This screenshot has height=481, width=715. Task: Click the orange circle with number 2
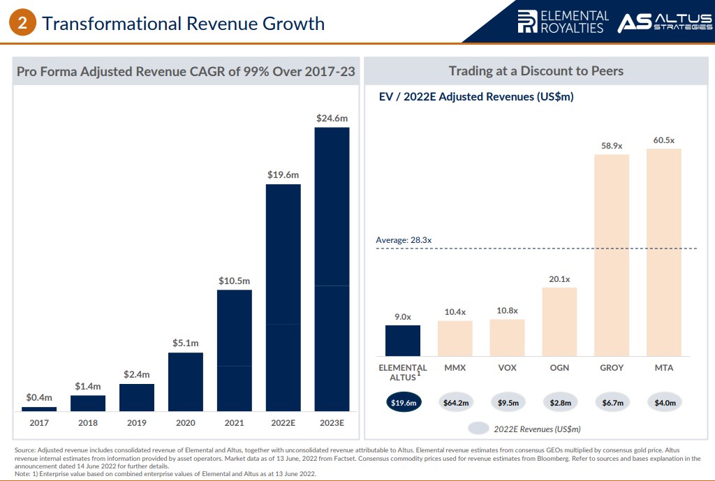point(22,23)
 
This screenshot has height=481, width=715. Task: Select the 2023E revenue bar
point(332,269)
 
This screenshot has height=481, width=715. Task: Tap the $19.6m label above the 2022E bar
point(283,175)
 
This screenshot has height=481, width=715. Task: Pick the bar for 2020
point(185,382)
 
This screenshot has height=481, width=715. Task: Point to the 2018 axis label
point(87,422)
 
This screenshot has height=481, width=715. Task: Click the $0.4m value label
point(39,397)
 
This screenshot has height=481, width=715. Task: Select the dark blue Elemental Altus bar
point(402,341)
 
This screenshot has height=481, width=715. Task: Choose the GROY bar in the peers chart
point(612,255)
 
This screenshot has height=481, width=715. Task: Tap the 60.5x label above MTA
point(663,140)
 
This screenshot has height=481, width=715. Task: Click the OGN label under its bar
point(559,367)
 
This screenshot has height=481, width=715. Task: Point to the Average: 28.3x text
point(404,240)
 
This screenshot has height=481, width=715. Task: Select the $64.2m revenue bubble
point(455,402)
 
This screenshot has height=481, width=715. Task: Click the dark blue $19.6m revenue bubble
point(402,402)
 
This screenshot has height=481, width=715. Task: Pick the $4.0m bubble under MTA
point(664,402)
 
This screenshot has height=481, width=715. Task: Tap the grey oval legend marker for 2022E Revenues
point(479,428)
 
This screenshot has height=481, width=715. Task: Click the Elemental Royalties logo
point(563,22)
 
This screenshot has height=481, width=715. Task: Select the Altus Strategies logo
point(664,22)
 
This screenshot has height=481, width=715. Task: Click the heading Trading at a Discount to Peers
point(536,71)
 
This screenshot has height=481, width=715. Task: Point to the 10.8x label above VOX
point(507,310)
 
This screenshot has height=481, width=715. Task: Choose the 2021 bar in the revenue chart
point(234,350)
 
